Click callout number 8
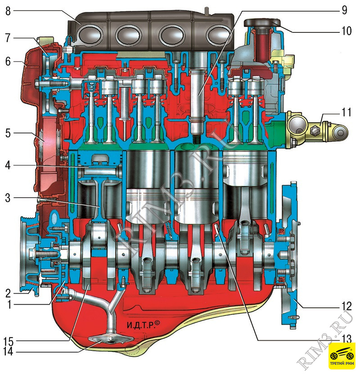pyautogui.click(x=8, y=11)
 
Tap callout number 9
pyautogui.click(x=344, y=10)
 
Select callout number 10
pyautogui.click(x=346, y=31)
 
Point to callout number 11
pyautogui.click(x=346, y=112)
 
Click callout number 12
pyautogui.click(x=346, y=306)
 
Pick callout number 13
pyautogui.click(x=346, y=339)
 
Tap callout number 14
pyautogui.click(x=8, y=352)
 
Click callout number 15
pyautogui.click(x=8, y=342)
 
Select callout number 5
pyautogui.click(x=8, y=134)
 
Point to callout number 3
pyautogui.click(x=8, y=198)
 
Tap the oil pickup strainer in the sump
pyautogui.click(x=110, y=340)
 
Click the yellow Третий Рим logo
pyautogui.click(x=342, y=356)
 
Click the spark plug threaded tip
pyautogui.click(x=197, y=139)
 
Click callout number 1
pyautogui.click(x=9, y=305)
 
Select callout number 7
pyautogui.click(x=8, y=38)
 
